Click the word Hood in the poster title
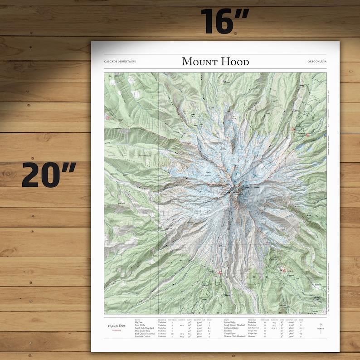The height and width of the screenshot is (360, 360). pyautogui.click(x=232, y=62)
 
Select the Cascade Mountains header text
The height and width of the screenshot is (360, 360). pyautogui.click(x=120, y=62)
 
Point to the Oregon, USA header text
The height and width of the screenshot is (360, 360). pyautogui.click(x=316, y=62)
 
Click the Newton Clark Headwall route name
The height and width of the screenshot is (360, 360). pyautogui.click(x=235, y=337)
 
